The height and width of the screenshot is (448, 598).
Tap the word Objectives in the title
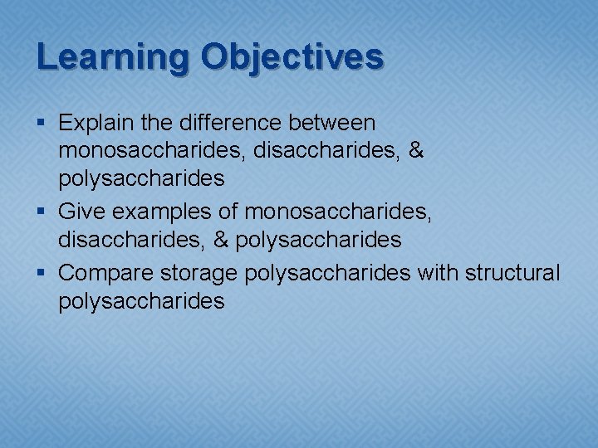click(292, 57)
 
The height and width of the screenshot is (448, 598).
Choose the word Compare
click(106, 272)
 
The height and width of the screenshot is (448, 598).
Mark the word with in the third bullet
click(434, 272)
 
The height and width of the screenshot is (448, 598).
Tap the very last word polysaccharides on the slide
click(142, 301)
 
